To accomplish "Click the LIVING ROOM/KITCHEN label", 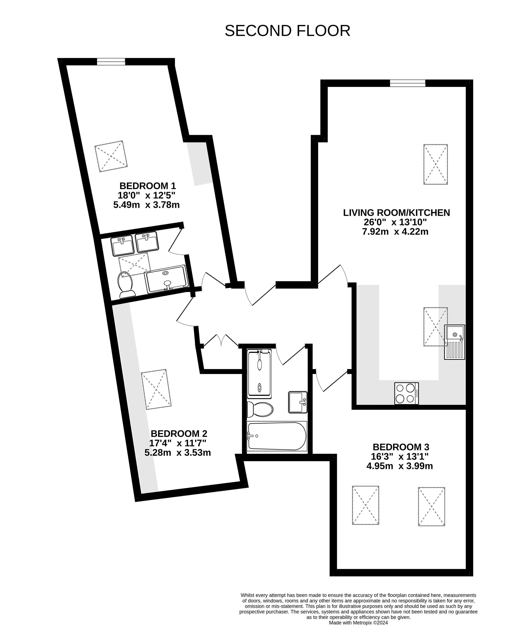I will pyautogui.click(x=396, y=212).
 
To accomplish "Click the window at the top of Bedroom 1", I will pyautogui.click(x=111, y=62).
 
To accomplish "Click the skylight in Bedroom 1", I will pyautogui.click(x=111, y=156).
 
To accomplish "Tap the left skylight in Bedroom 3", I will pyautogui.click(x=365, y=505).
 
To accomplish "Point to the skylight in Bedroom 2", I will pyautogui.click(x=156, y=389).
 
